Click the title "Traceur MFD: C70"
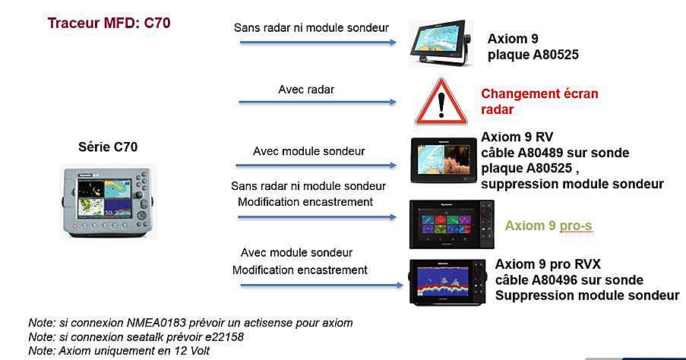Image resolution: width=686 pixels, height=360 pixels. (x=109, y=23)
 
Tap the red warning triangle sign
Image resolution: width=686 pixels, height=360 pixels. (x=441, y=103)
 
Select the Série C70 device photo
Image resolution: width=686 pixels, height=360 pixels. (x=108, y=202)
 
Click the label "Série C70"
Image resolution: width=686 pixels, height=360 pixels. (x=108, y=147)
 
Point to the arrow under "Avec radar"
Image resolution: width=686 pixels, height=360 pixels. (x=318, y=102)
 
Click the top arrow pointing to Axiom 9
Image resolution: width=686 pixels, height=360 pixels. (x=318, y=43)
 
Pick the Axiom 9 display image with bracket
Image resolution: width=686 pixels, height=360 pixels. (x=441, y=43)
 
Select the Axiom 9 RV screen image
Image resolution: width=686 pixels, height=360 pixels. (x=444, y=160)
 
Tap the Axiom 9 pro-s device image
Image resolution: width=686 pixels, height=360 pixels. (x=452, y=224)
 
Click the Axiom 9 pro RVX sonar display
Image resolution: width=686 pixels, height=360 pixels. (x=447, y=282)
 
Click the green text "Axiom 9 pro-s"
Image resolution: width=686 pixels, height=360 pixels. (x=548, y=226)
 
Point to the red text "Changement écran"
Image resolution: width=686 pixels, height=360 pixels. (x=539, y=93)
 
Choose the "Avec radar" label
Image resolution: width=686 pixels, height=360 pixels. (x=306, y=90)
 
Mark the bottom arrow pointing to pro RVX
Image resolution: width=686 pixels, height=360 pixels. (x=321, y=286)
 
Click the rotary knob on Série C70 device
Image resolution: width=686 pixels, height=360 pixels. (x=141, y=215)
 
